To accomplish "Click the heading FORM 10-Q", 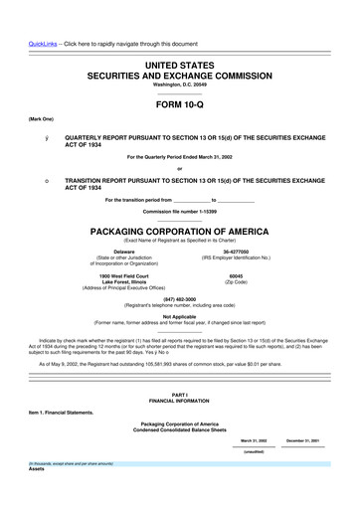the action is point(179,102).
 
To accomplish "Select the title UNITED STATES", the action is point(179,63).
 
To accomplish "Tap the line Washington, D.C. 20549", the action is point(179,85).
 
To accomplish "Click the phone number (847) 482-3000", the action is point(179,297).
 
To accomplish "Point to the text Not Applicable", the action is point(179,316).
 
